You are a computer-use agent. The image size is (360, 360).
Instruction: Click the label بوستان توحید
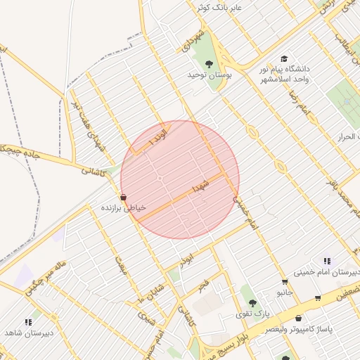pyautogui.click(x=209, y=75)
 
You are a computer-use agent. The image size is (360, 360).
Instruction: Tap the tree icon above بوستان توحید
pyautogui.click(x=209, y=64)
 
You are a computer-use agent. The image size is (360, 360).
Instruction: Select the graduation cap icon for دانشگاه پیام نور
pyautogui.click(x=284, y=59)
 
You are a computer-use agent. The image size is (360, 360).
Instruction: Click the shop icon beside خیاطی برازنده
pyautogui.click(x=124, y=198)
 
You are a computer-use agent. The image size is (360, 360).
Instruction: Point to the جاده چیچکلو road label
pyautogui.click(x=20, y=151)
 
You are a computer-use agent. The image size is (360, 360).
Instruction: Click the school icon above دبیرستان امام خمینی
pyautogui.click(x=327, y=261)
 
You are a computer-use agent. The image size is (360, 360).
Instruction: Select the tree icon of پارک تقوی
pyautogui.click(x=252, y=303)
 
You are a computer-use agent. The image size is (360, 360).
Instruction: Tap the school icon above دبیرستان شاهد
pyautogui.click(x=29, y=322)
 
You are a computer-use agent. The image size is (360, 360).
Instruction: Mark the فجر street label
pyautogui.click(x=203, y=284)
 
